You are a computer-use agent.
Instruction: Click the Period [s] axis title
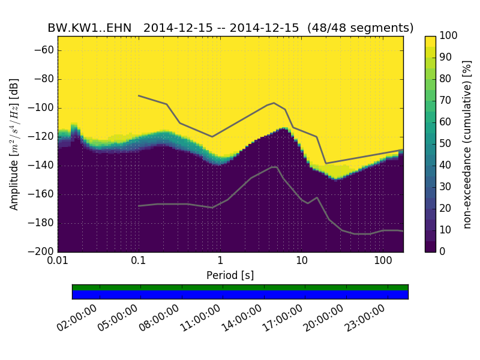(230, 275)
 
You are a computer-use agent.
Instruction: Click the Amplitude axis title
(14, 144)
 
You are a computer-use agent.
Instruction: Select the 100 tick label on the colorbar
(448, 36)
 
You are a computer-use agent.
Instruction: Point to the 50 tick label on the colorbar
(445, 144)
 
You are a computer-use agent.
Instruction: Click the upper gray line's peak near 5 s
(274, 103)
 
